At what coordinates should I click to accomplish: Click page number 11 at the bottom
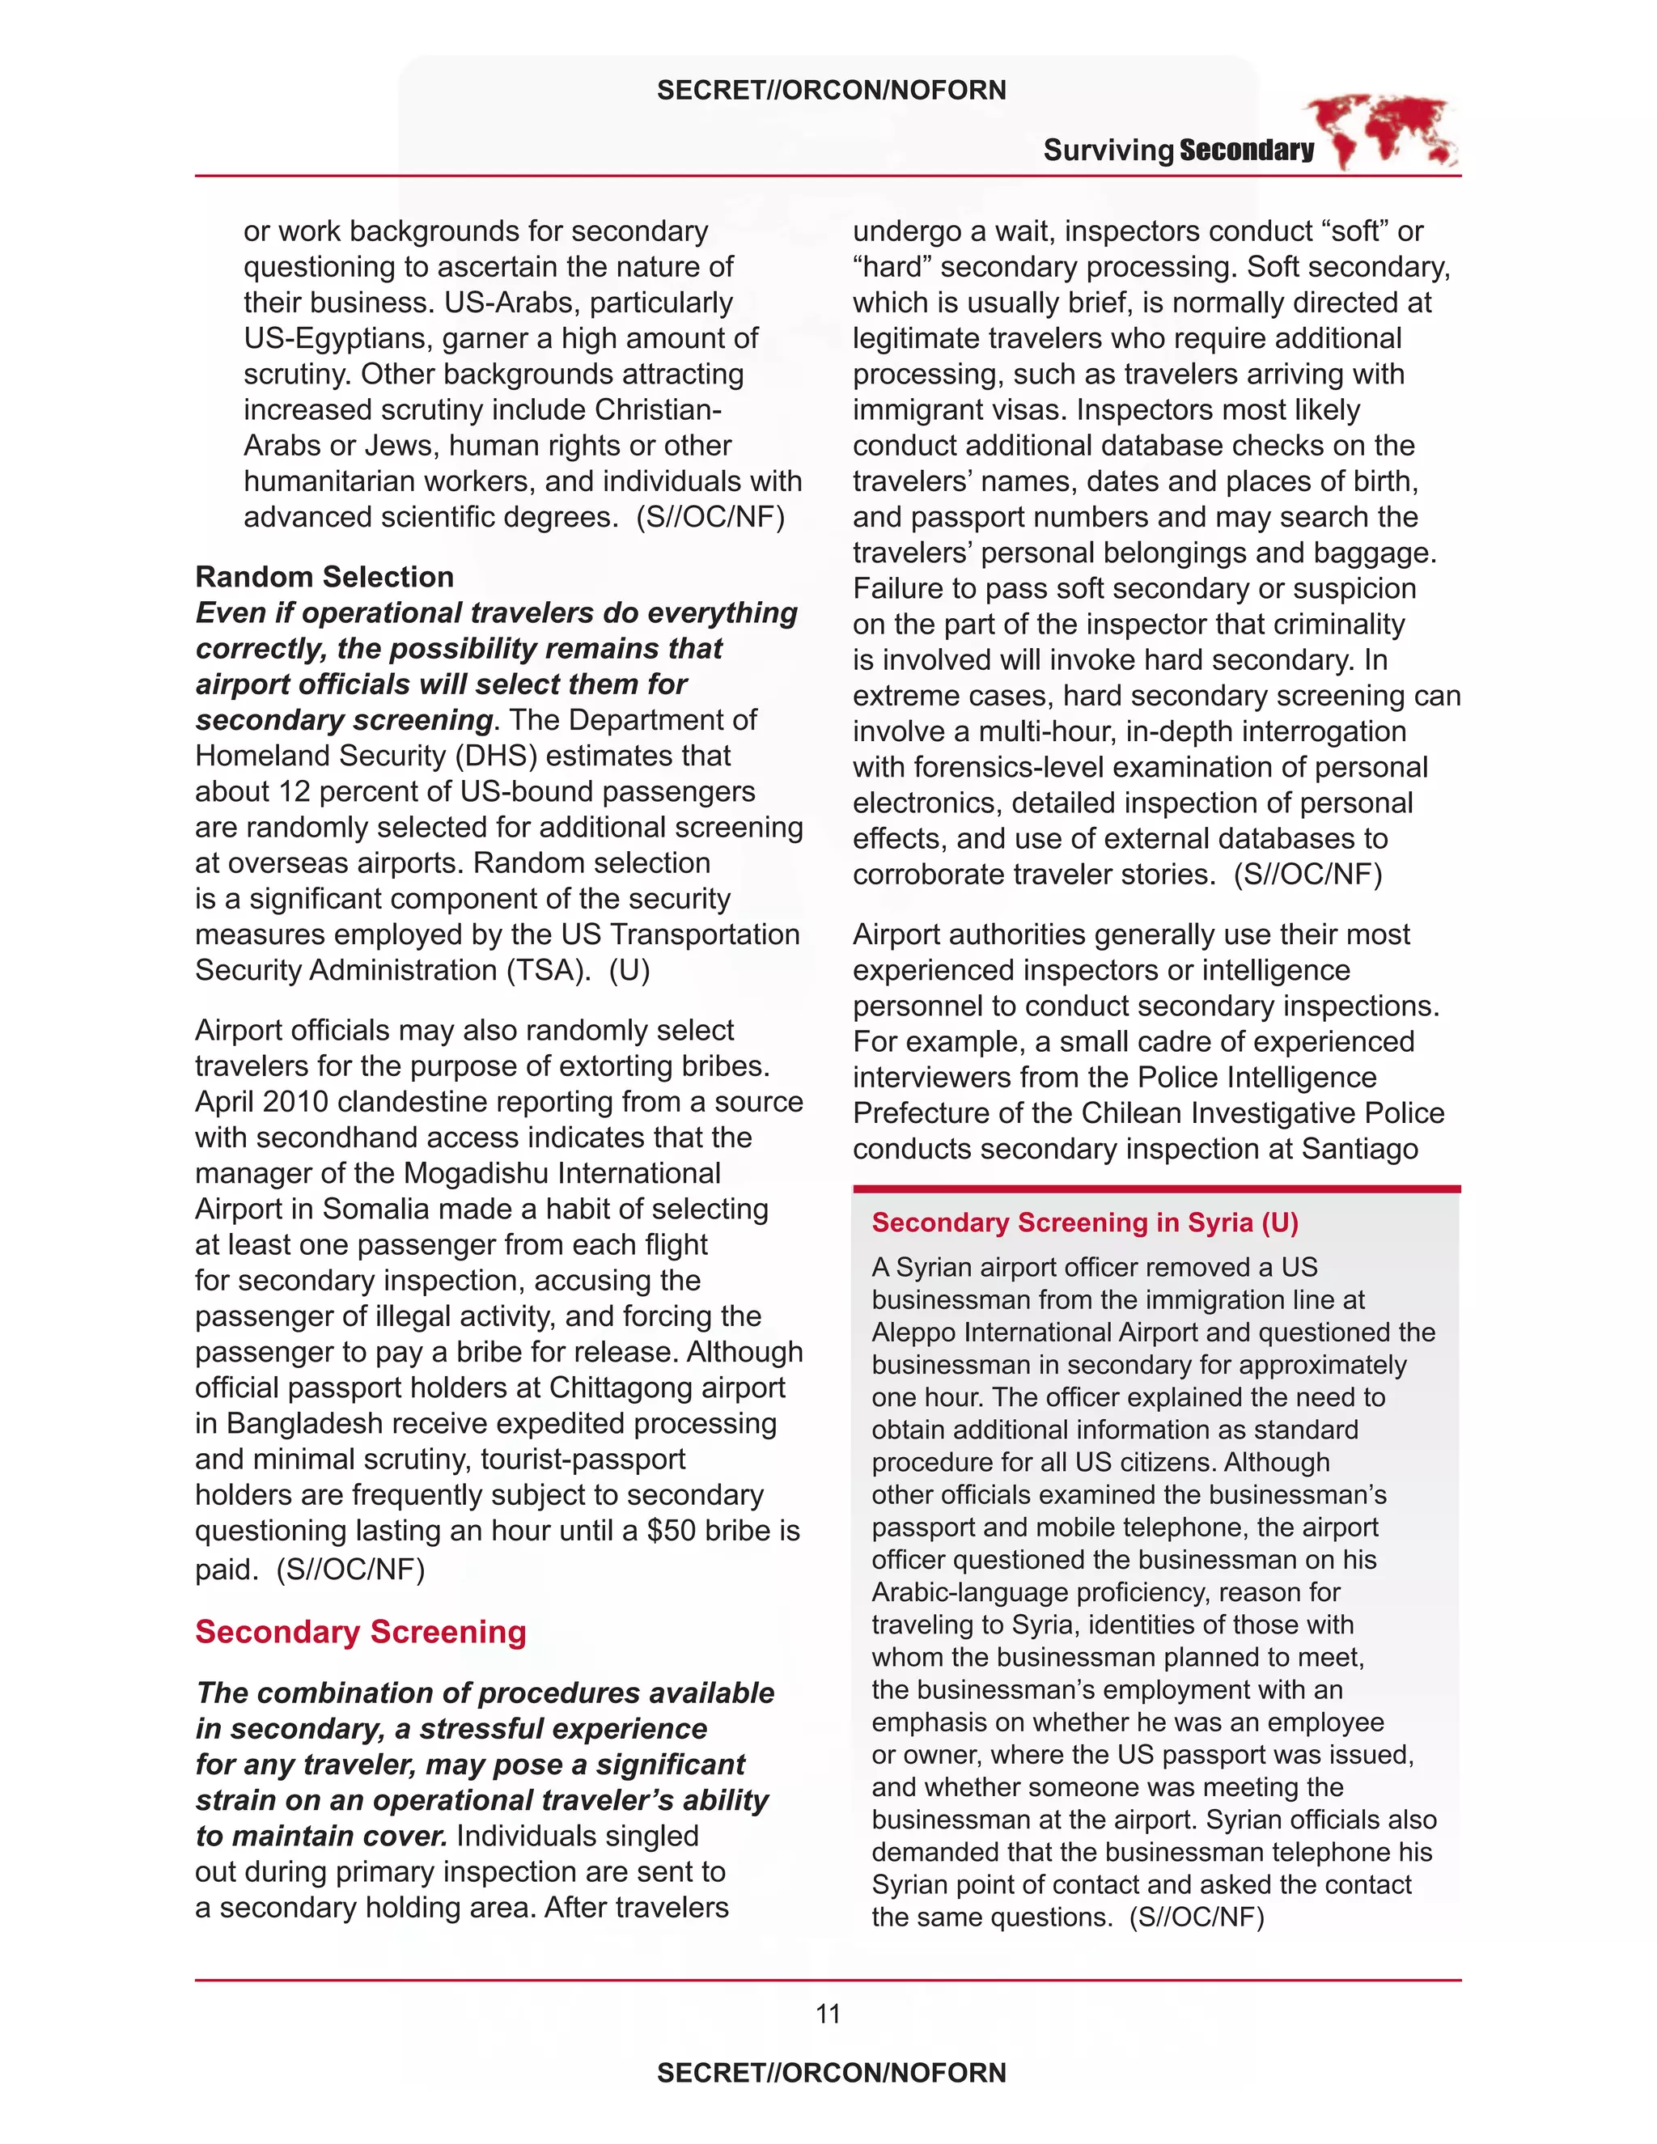click(x=828, y=2015)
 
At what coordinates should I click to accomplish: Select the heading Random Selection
click(x=324, y=576)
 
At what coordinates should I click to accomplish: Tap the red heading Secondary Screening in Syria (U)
click(x=1085, y=1222)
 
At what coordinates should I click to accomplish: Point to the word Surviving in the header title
click(x=1108, y=150)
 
